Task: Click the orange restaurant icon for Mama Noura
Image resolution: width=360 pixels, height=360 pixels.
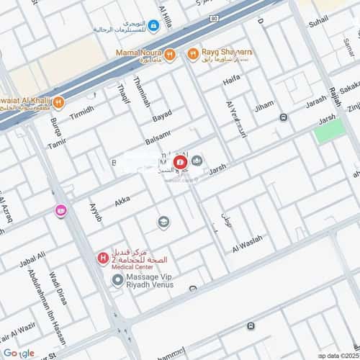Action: [x=168, y=53]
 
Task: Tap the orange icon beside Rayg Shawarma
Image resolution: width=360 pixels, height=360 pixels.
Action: [x=192, y=53]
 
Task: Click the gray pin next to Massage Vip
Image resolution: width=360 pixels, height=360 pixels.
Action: [x=117, y=279]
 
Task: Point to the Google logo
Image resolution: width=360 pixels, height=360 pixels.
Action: [x=19, y=353]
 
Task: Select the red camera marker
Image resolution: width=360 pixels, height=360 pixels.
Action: [x=180, y=162]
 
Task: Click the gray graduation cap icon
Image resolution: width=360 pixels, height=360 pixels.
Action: [x=163, y=222]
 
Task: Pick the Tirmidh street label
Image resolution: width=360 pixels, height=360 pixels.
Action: [x=81, y=114]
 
